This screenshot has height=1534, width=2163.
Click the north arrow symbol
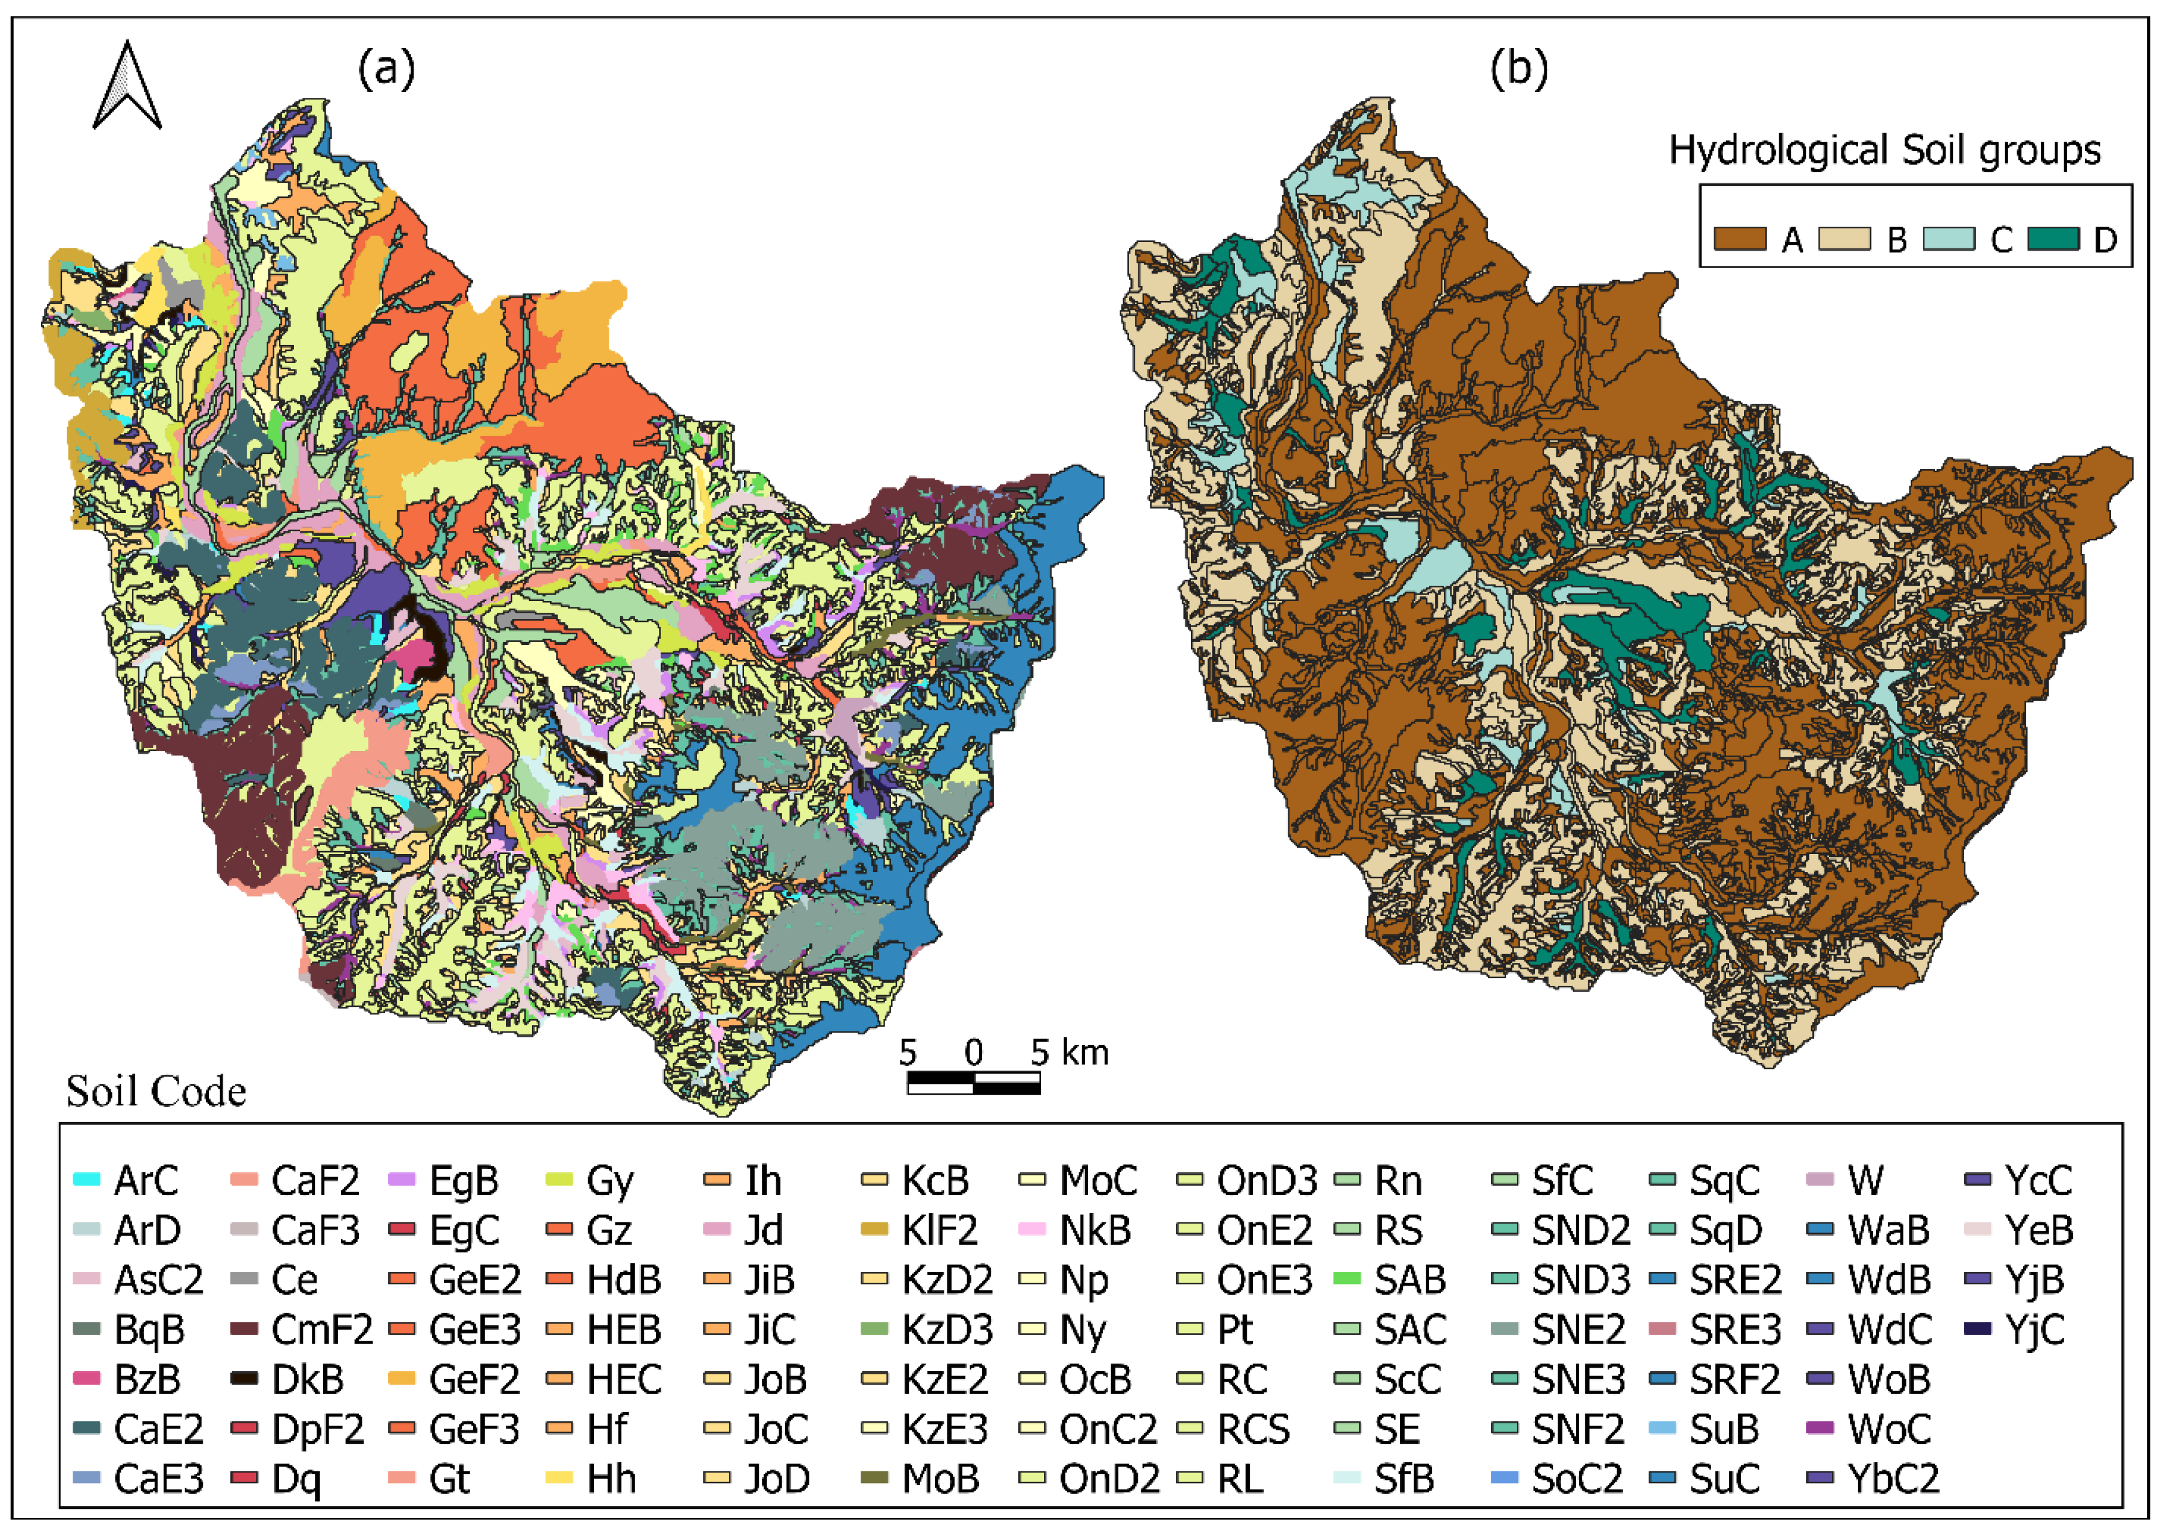(127, 87)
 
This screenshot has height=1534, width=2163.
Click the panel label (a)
(385, 69)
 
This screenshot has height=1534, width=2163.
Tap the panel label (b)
(1519, 69)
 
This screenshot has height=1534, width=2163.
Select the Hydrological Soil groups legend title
(1884, 150)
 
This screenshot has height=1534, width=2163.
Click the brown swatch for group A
(1740, 239)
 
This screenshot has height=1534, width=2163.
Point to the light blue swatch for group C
(1949, 239)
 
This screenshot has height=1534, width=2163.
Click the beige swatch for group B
(1844, 239)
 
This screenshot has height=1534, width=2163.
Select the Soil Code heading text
(156, 1092)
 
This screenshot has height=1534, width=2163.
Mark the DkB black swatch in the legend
(245, 1379)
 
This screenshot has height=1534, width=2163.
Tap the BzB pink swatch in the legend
(87, 1379)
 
